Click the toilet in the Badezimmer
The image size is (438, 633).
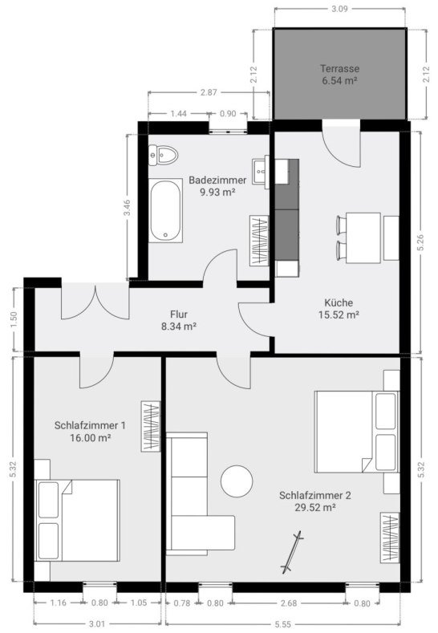point(164,153)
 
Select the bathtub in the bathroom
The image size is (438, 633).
point(166,211)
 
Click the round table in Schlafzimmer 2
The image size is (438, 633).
point(237,481)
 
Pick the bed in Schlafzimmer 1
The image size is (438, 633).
point(79,519)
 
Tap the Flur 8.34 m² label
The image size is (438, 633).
point(179,320)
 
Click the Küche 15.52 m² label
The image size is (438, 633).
point(341,309)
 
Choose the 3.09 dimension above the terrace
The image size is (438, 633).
point(340,10)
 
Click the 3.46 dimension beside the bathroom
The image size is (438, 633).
point(127,209)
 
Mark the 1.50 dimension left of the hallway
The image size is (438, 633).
point(13,318)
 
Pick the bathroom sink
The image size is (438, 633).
point(260,169)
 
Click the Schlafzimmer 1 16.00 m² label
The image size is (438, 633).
point(90,431)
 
